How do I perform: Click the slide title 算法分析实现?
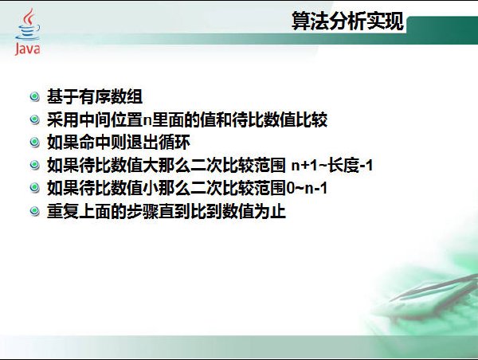pyautogui.click(x=348, y=21)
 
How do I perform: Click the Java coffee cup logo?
pyautogui.click(x=28, y=25)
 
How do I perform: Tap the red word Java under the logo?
pyautogui.click(x=27, y=49)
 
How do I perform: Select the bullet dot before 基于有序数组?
pyautogui.click(x=35, y=96)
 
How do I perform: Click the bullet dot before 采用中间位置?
pyautogui.click(x=35, y=119)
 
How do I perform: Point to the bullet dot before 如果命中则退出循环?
pyautogui.click(x=35, y=143)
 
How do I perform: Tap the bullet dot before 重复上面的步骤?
pyautogui.click(x=35, y=211)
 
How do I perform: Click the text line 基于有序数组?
pyautogui.click(x=95, y=96)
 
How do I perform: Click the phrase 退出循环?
pyautogui.click(x=159, y=143)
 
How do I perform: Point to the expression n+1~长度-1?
pyautogui.click(x=332, y=166)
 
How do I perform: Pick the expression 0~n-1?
pyautogui.click(x=307, y=189)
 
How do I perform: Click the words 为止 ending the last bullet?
pyautogui.click(x=270, y=211)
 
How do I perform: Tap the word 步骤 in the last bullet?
pyautogui.click(x=143, y=211)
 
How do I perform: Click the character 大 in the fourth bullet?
pyautogui.click(x=151, y=166)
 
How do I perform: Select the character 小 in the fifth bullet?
pyautogui.click(x=151, y=189)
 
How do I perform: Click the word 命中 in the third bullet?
pyautogui.click(x=95, y=143)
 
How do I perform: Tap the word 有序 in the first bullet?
pyautogui.click(x=95, y=96)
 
